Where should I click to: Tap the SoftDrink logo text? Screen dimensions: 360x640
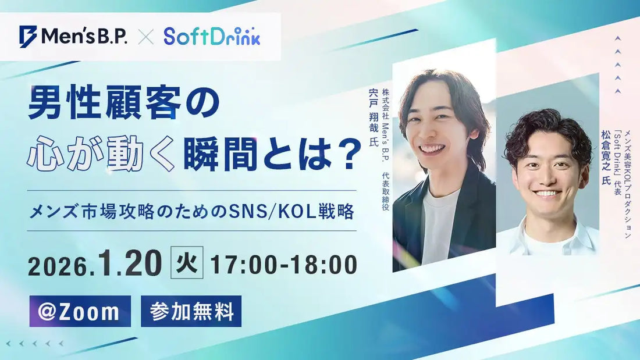[212, 36]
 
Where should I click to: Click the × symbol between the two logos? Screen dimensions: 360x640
[145, 37]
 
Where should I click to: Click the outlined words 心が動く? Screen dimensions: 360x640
[101, 154]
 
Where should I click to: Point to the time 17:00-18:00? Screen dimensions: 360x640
[283, 265]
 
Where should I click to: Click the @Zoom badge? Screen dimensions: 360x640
[80, 311]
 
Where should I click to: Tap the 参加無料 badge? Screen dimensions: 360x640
[191, 312]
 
